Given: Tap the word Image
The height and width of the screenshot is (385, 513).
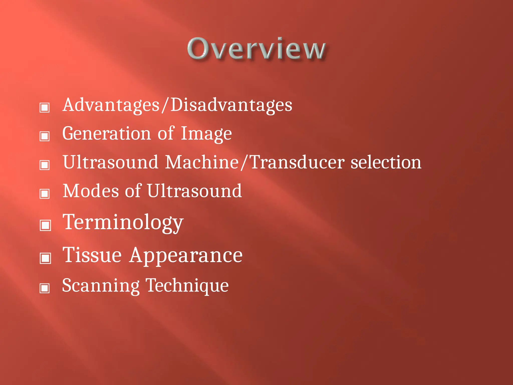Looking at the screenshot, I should pyautogui.click(x=206, y=134).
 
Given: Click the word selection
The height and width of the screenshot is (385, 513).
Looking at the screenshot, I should pyautogui.click(x=386, y=162).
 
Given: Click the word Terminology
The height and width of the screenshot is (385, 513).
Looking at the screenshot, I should pyautogui.click(x=123, y=223).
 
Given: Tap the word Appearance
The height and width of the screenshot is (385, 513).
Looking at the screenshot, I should pyautogui.click(x=186, y=256).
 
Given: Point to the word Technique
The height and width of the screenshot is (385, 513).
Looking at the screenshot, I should pyautogui.click(x=187, y=285).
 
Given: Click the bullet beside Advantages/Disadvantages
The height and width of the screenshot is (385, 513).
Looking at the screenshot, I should pyautogui.click(x=45, y=108).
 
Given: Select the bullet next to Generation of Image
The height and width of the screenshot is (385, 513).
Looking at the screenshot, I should pyautogui.click(x=45, y=136).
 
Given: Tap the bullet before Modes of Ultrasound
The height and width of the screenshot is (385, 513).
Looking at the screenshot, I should pyautogui.click(x=45, y=194).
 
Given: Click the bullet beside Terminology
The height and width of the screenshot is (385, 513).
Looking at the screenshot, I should pyautogui.click(x=45, y=225).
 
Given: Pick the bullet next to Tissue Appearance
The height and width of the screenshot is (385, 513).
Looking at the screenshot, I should pyautogui.click(x=45, y=258).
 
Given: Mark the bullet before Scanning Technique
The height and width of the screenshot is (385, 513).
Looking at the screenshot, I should pyautogui.click(x=45, y=288).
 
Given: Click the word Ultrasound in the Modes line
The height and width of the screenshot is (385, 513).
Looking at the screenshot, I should pyautogui.click(x=194, y=191).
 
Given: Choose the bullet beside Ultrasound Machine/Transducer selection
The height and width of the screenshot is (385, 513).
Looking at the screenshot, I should pyautogui.click(x=45, y=165).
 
